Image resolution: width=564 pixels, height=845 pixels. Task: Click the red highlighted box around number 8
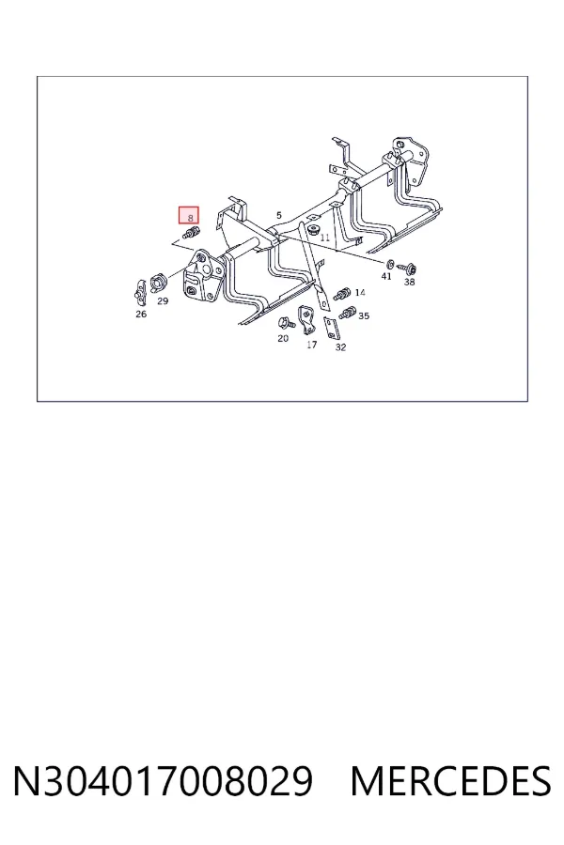pyautogui.click(x=189, y=215)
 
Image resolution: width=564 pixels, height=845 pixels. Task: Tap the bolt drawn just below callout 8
pyautogui.click(x=191, y=233)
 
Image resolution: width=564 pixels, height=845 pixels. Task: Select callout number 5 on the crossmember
pyautogui.click(x=278, y=216)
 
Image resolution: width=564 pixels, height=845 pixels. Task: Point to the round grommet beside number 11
pyautogui.click(x=312, y=230)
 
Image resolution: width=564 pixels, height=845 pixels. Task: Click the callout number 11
pyautogui.click(x=324, y=238)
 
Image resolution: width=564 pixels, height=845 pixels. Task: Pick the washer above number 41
pyautogui.click(x=390, y=264)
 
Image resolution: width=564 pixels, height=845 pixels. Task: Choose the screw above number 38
pyautogui.click(x=406, y=267)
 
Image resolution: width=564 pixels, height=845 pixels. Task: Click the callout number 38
pyautogui.click(x=409, y=282)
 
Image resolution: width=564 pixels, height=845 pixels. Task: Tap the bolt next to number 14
pyautogui.click(x=342, y=294)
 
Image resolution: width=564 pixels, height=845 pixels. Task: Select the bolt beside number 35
pyautogui.click(x=347, y=312)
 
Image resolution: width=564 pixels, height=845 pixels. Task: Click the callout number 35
pyautogui.click(x=364, y=315)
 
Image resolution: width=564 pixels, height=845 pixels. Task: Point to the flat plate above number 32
pyautogui.click(x=331, y=329)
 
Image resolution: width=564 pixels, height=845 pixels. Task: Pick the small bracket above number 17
pyautogui.click(x=306, y=319)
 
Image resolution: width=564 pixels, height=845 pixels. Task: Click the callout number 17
pyautogui.click(x=311, y=345)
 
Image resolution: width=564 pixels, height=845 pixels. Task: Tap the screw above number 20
pyautogui.click(x=286, y=324)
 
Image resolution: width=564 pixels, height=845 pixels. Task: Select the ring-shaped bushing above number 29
pyautogui.click(x=158, y=282)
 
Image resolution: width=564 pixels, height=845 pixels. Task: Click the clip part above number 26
pyautogui.click(x=140, y=293)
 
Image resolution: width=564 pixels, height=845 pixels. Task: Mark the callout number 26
pyautogui.click(x=141, y=314)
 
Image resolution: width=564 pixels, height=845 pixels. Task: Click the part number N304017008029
pyautogui.click(x=163, y=781)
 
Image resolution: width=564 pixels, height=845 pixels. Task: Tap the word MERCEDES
pyautogui.click(x=450, y=781)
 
